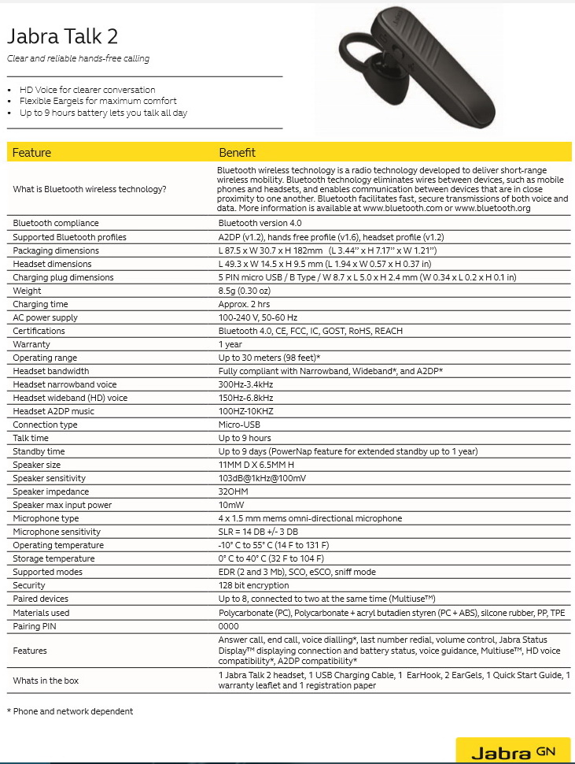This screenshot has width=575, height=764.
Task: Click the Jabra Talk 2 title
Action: pyautogui.click(x=63, y=37)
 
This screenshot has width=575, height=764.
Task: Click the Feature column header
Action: pyautogui.click(x=31, y=152)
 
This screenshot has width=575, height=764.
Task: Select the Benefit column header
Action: pyautogui.click(x=237, y=152)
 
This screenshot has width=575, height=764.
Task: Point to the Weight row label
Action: pyautogui.click(x=27, y=291)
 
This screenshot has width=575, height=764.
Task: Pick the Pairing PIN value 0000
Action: pyautogui.click(x=229, y=625)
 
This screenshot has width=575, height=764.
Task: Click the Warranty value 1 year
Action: pyautogui.click(x=230, y=344)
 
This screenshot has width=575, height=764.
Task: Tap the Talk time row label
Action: pyautogui.click(x=31, y=438)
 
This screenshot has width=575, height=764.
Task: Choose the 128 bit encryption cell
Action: pyautogui.click(x=253, y=585)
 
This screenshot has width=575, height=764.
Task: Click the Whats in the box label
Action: pyautogui.click(x=46, y=680)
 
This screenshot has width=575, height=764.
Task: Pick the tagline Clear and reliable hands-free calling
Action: pyautogui.click(x=78, y=58)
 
